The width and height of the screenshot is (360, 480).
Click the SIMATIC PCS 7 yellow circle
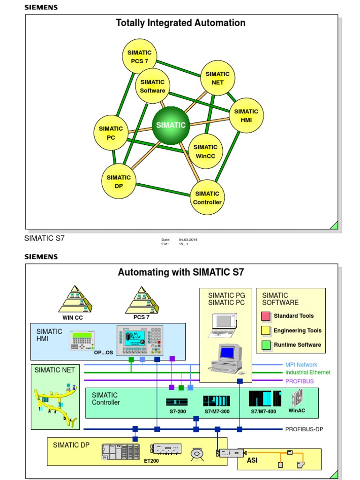pyautogui.click(x=139, y=56)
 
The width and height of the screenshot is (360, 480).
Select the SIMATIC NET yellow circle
pyautogui.click(x=217, y=78)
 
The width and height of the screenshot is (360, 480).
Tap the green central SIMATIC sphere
pyautogui.click(x=171, y=125)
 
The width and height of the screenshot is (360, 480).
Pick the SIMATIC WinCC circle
pyautogui.click(x=205, y=151)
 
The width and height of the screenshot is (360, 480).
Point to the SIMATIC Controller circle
pyautogui.click(x=207, y=197)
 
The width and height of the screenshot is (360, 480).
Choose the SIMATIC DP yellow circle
pyautogui.click(x=119, y=181)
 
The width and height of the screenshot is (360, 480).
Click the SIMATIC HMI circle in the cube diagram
pyautogui.click(x=246, y=115)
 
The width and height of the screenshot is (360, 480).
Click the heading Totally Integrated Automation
pyautogui.click(x=181, y=23)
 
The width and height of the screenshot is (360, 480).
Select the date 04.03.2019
pyautogui.click(x=188, y=240)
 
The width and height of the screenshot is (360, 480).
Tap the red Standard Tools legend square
pyautogui.click(x=266, y=316)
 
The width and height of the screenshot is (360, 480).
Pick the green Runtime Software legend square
pyautogui.click(x=266, y=345)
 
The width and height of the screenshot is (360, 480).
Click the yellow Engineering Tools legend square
pyautogui.click(x=266, y=330)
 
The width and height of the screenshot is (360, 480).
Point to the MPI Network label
pyautogui.click(x=301, y=365)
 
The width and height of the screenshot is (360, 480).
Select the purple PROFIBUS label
pyautogui.click(x=300, y=382)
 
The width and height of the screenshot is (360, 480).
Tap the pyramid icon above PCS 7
pyautogui.click(x=142, y=300)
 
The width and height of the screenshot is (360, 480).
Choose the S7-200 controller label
pyautogui.click(x=176, y=411)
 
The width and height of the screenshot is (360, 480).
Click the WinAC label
pyautogui.click(x=297, y=411)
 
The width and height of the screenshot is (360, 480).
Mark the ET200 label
pyautogui.click(x=152, y=461)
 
